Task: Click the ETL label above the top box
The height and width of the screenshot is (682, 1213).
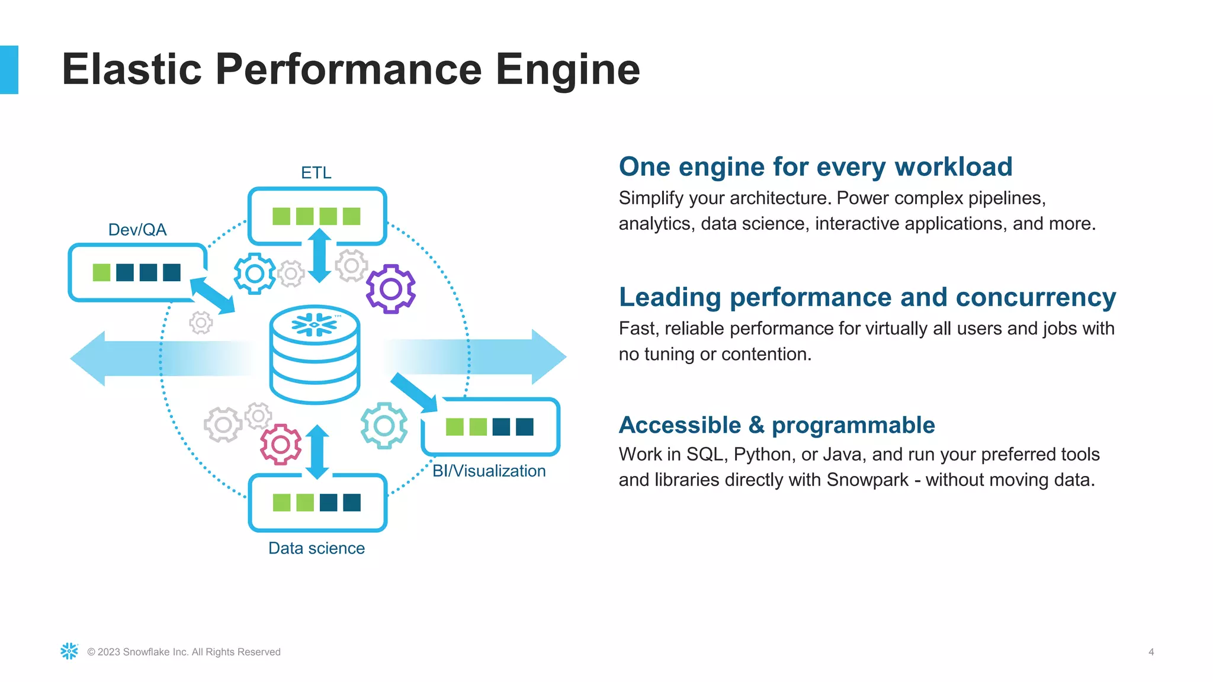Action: click(316, 172)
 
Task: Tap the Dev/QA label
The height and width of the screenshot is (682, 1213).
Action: click(137, 230)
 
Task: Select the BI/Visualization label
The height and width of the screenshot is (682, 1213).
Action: click(489, 471)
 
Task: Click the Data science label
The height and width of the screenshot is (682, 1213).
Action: click(316, 548)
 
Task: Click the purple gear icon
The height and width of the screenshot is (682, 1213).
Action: click(390, 289)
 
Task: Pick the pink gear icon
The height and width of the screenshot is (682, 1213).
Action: click(281, 444)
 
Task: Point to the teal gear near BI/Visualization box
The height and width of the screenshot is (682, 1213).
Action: click(384, 425)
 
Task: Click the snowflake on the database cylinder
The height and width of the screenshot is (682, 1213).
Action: click(315, 324)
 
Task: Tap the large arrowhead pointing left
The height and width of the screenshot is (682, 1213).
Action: click(89, 358)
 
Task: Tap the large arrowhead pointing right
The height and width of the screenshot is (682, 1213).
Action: click(548, 357)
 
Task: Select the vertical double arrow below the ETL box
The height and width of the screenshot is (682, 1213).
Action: click(320, 256)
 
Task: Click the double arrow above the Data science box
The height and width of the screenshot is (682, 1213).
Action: click(317, 452)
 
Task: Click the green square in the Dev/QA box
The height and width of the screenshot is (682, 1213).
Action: click(102, 272)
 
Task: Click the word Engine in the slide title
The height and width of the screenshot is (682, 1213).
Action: click(567, 70)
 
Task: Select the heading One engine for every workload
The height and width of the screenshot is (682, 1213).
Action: click(815, 167)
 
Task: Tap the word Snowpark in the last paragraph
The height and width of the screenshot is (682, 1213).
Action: click(867, 480)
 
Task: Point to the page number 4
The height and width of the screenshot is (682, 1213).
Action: click(1151, 652)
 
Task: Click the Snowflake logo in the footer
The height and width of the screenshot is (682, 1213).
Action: click(69, 651)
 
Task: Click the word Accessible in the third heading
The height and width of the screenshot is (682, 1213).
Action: click(679, 425)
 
